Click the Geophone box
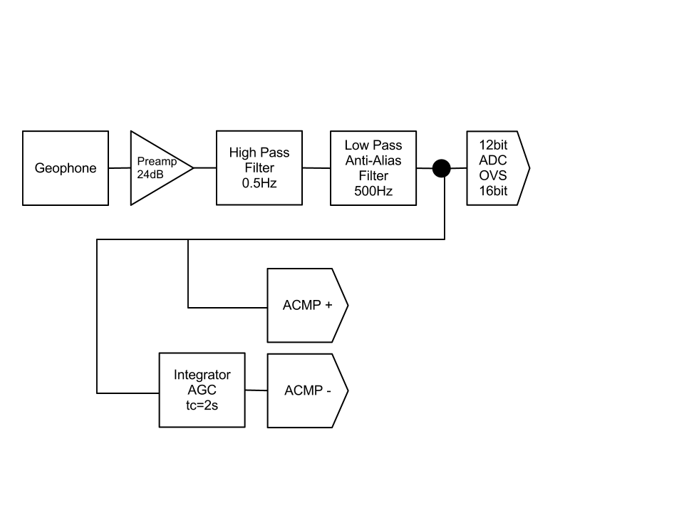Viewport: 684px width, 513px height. tap(66, 168)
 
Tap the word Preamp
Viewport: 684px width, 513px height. tap(152, 161)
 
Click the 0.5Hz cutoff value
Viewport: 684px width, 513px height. tap(259, 184)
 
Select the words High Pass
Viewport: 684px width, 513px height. tap(259, 152)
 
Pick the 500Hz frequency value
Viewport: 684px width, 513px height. tap(373, 191)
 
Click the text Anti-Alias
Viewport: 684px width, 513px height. tap(373, 160)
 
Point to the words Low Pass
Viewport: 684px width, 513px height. tap(373, 145)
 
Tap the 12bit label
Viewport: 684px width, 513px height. tap(493, 145)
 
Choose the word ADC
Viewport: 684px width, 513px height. tap(493, 160)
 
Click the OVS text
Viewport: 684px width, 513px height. tap(493, 176)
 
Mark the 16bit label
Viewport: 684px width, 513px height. tap(493, 191)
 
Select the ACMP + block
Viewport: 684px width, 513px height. tap(307, 305)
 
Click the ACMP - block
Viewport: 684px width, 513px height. tap(307, 390)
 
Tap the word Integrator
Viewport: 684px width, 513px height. tap(202, 375)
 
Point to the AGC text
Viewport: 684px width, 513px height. tap(202, 390)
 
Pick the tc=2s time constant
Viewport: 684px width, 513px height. tap(202, 406)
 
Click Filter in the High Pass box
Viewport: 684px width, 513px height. tap(259, 168)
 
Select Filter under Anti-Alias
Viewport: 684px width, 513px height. tap(373, 176)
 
